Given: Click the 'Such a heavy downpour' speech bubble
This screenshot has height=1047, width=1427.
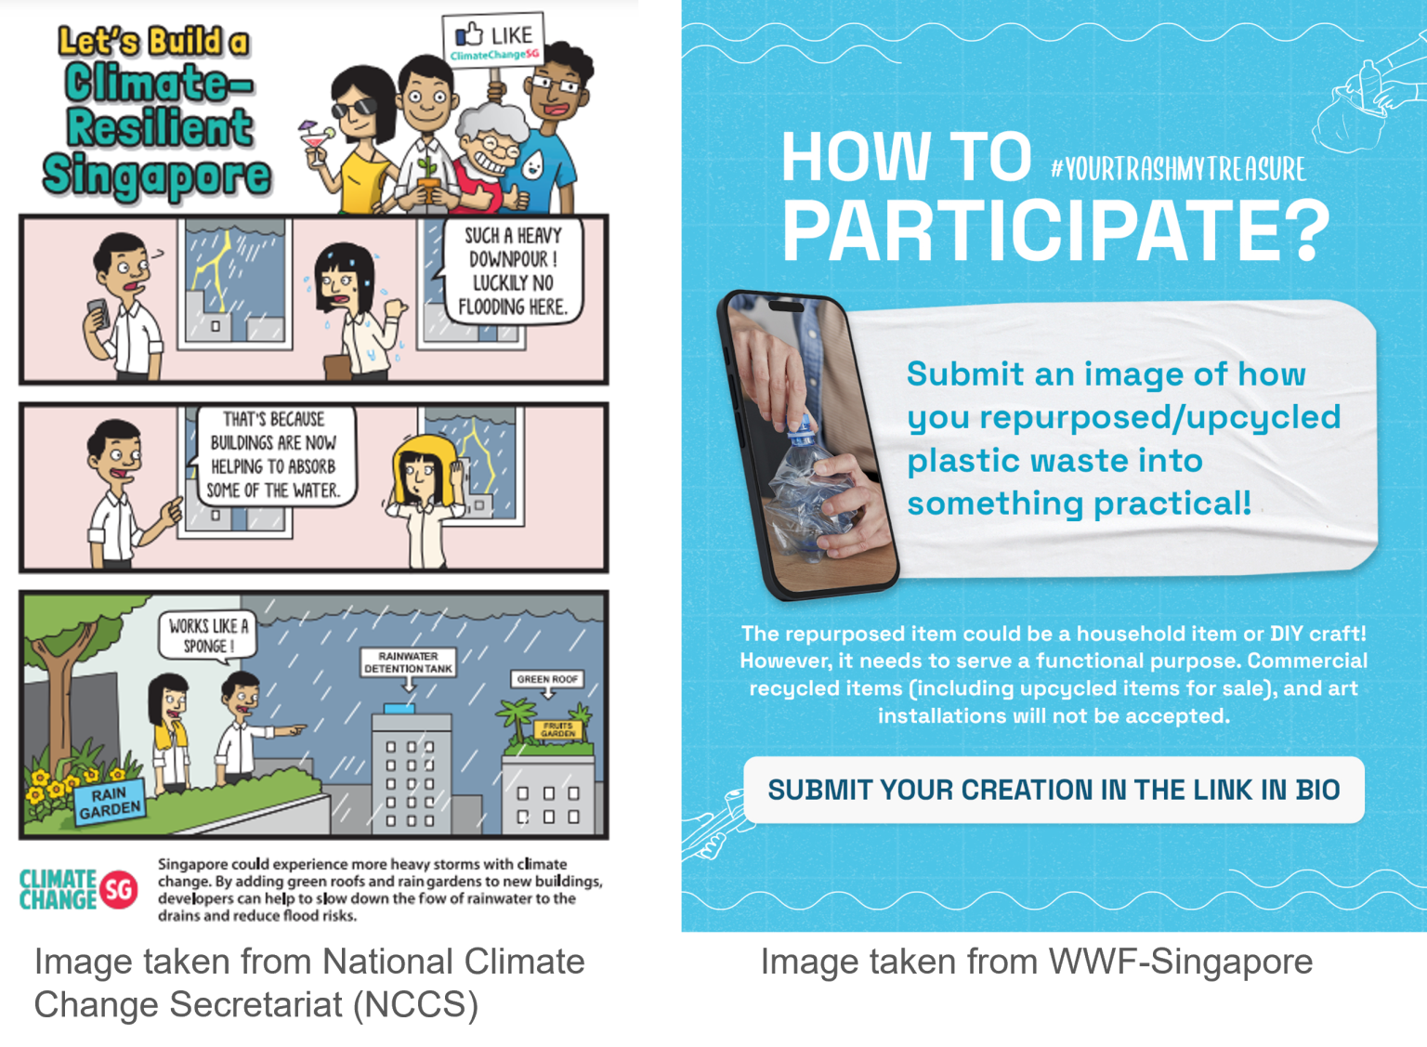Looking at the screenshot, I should [x=513, y=270].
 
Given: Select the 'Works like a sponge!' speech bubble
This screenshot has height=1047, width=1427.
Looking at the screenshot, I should [x=208, y=636].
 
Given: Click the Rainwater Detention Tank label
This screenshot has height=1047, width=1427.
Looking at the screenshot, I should [x=408, y=662].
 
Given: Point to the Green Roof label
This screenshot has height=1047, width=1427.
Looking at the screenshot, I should [x=547, y=679].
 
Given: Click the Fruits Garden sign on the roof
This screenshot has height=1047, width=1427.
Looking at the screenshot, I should [x=557, y=729].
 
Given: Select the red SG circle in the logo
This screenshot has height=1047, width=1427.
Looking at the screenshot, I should [x=118, y=890].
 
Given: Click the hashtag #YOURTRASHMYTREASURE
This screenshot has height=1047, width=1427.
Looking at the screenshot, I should [x=1178, y=169].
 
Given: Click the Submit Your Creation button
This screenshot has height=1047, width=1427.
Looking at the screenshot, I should [x=1054, y=790].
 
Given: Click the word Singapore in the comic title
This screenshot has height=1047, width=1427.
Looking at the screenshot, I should [x=157, y=176].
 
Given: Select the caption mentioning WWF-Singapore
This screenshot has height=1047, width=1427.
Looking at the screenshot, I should [x=1036, y=962].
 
